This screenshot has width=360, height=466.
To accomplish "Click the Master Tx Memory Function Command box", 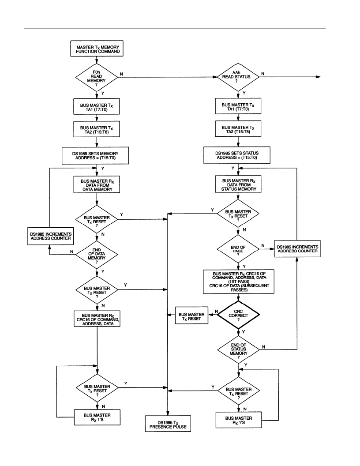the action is (x=97, y=49).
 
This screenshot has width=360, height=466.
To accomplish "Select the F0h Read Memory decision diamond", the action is (x=97, y=77).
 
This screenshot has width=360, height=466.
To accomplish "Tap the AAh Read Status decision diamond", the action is (x=238, y=77).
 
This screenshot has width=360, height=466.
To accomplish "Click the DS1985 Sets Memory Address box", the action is (x=95, y=155).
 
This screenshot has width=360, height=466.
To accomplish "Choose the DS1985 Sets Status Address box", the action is (x=237, y=155).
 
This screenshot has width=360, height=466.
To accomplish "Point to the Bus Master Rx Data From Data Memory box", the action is (x=97, y=185).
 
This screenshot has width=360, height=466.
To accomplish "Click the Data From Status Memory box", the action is (x=238, y=184).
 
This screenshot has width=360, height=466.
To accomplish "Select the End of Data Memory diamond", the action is (x=97, y=254).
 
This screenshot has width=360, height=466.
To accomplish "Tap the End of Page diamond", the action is (x=238, y=249).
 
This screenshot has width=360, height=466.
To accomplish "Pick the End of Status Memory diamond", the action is (x=239, y=349).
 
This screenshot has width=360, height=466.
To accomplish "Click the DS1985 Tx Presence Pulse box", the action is (x=168, y=424).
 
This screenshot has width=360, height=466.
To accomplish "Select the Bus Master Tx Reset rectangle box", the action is (x=191, y=316).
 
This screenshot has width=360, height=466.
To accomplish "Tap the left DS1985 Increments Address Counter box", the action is (x=50, y=236).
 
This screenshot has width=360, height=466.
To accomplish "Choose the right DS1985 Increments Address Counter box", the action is (x=297, y=249).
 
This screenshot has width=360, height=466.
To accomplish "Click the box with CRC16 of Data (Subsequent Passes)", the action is (x=239, y=282).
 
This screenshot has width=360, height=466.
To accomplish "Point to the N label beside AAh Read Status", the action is (x=263, y=74).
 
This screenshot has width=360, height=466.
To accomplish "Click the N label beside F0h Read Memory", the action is (x=121, y=74).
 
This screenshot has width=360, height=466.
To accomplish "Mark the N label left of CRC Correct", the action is (x=216, y=312).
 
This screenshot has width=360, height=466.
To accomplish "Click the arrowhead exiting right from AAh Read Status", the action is (x=319, y=77).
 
